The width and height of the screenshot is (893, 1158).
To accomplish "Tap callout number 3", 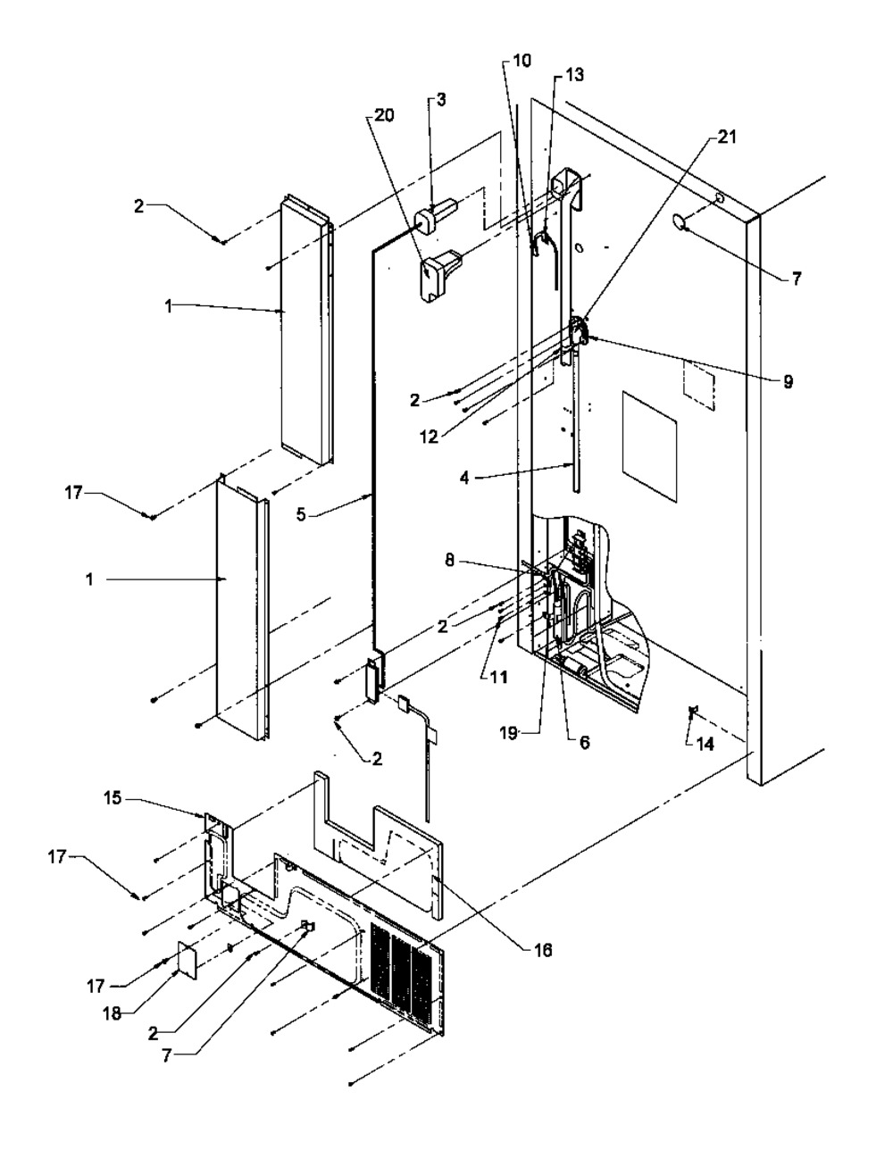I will pyautogui.click(x=442, y=99).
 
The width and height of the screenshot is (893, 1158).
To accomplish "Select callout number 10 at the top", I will pyautogui.click(x=522, y=61).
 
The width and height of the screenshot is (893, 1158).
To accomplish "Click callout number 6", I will pyautogui.click(x=584, y=743).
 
